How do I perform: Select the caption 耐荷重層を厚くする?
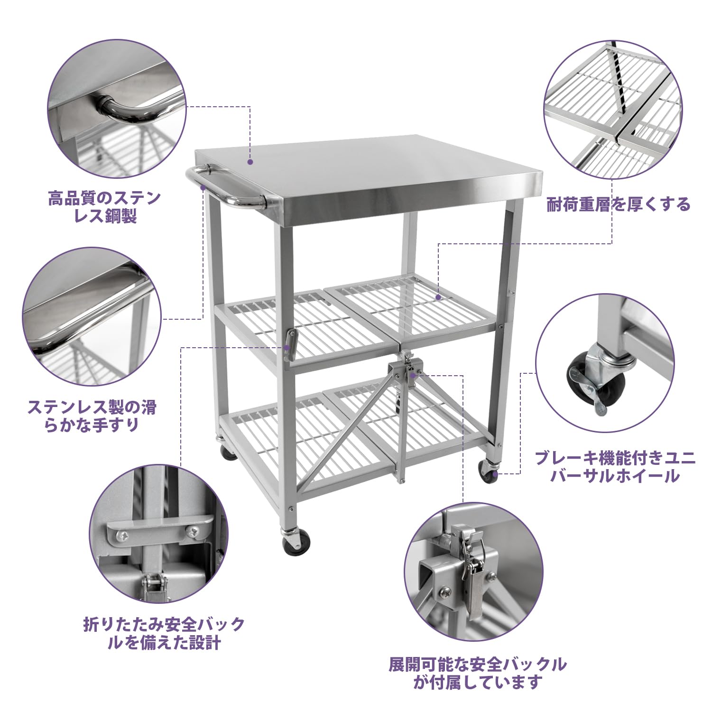[619, 204]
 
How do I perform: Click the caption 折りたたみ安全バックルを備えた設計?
[164, 633]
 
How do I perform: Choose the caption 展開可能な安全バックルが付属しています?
[478, 673]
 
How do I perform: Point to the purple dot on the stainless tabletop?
[250, 162]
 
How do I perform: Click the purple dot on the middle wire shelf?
[439, 297]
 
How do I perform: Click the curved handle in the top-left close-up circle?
[126, 108]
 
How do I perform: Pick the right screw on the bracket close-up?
[193, 532]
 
